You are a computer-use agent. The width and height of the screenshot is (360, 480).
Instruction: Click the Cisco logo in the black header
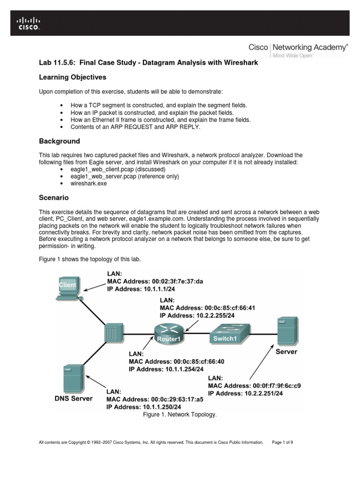click(29, 23)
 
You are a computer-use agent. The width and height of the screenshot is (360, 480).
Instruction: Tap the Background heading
click(59, 141)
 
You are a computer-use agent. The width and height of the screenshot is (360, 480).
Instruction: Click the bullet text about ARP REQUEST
click(135, 127)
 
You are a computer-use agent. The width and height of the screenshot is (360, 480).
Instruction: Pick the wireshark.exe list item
click(89, 183)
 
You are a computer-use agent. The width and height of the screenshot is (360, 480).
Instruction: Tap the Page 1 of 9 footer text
click(282, 442)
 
